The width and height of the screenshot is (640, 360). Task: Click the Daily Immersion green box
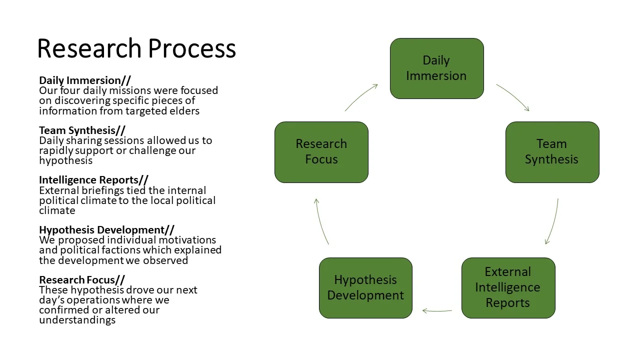[x=436, y=68]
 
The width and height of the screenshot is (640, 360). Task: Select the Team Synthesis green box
[x=552, y=152]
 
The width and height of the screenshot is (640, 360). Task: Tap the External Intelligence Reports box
[x=508, y=287]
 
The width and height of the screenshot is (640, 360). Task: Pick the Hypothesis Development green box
[x=365, y=287]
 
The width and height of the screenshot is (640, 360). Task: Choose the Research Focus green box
[x=321, y=152]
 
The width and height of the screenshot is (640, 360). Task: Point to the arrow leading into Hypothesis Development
[x=436, y=310]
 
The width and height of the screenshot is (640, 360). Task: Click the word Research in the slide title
[x=89, y=49]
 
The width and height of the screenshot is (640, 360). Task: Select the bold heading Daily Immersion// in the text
[x=85, y=80]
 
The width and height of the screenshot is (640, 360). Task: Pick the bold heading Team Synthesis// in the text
[x=82, y=130]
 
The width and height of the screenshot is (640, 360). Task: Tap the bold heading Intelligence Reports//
[x=93, y=180]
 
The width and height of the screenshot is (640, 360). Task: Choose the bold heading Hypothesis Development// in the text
[x=106, y=230]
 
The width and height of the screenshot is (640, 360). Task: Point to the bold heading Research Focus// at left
[x=82, y=280]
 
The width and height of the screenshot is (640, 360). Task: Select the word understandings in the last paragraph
[x=77, y=320]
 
